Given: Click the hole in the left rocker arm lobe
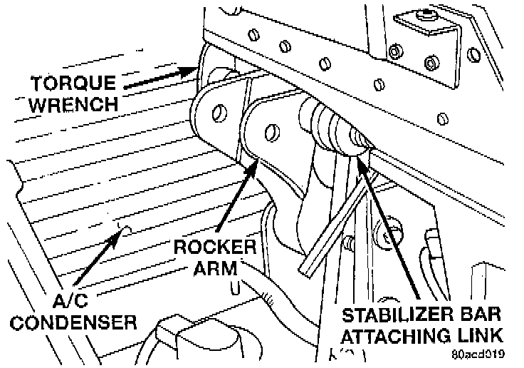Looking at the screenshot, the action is tap(219, 111).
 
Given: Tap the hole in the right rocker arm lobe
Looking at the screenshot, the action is tap(271, 131).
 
